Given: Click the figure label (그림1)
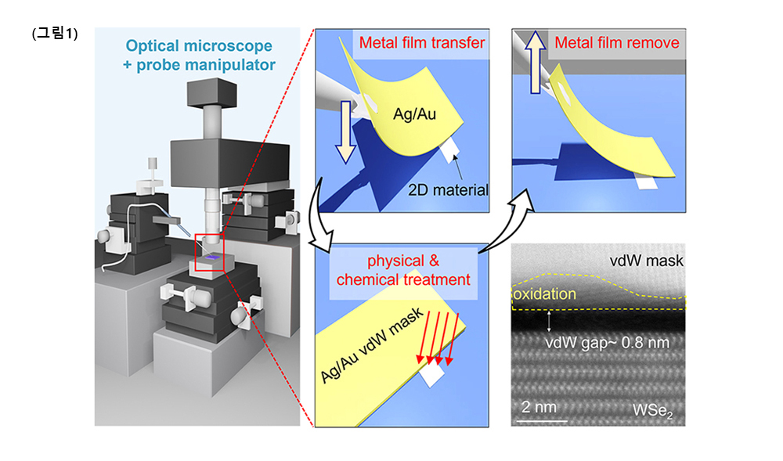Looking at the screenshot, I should pos(54,34).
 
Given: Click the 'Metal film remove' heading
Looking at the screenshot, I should pos(617,42).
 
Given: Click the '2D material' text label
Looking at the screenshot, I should pos(449,189).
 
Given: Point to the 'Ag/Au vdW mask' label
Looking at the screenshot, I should pos(372,345).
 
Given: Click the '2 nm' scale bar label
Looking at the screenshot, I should pos(539,407).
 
